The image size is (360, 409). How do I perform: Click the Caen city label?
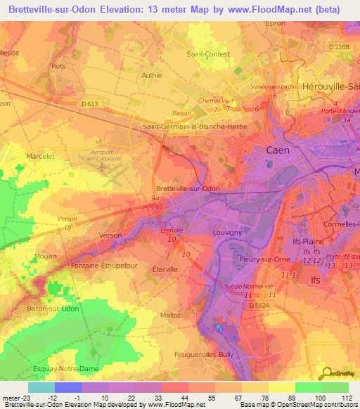coord(277,150)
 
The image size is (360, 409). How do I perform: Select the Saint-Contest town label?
coord(205,53)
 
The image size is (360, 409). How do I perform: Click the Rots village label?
coord(58,66)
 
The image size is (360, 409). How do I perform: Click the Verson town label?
coord(110,235)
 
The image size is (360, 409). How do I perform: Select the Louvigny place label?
coord(226,231)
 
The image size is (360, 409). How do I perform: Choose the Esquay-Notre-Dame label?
coord(46,368)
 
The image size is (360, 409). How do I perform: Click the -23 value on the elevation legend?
coord(25,398)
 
